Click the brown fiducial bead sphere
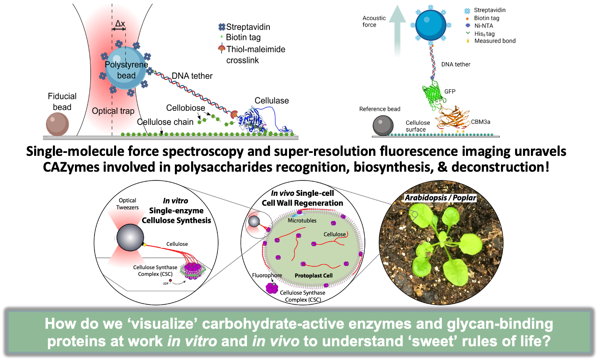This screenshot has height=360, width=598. coord(57,125)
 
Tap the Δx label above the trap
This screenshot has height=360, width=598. coord(120,24)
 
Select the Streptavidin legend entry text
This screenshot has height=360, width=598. coord(248,27)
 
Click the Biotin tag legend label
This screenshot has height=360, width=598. coord(243,37)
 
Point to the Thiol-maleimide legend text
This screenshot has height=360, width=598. coord(256,49)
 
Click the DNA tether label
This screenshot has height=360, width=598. coord(192,76)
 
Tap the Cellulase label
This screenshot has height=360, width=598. coord(272,100)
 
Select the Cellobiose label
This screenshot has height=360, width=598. coord(185,108)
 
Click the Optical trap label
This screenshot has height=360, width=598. coord(113,111)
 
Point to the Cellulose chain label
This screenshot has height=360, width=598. coord(165,122)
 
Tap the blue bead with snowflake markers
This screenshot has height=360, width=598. coord(431,25)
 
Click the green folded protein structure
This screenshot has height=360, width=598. coord(433,94)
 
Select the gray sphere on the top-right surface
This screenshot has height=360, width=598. coord(383,126)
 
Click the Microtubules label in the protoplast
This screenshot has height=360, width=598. coord(302,220)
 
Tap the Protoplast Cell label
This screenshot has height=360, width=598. coord(314,275)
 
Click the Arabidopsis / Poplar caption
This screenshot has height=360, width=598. coord(440,197)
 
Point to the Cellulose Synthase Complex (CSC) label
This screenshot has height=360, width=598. coord(155,270)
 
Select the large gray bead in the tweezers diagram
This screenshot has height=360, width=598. coord(130,237)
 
